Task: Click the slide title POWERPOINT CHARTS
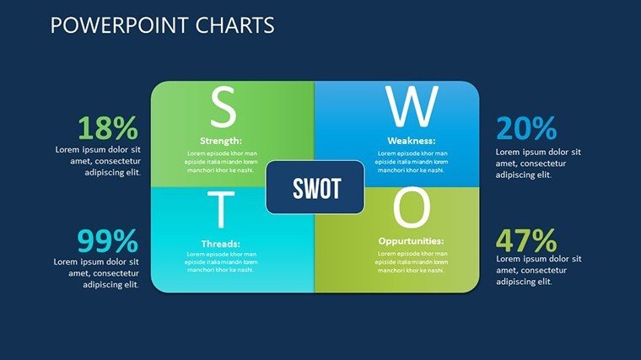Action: pos(162,25)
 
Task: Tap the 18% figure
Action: pos(108,128)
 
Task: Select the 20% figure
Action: pos(526,128)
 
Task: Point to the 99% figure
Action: pos(108,241)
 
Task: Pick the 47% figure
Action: pos(526,240)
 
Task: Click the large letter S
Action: pos(224,107)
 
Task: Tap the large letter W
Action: pos(412,107)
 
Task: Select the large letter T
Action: pos(221,209)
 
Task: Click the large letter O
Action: pos(412,208)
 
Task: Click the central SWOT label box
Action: pos(315,187)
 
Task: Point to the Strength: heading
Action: pos(221,141)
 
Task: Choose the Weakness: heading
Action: pos(412,141)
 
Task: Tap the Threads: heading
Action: pos(221,244)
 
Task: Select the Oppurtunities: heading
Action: pos(411,241)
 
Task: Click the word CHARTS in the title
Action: pos(234,25)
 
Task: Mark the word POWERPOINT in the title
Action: pos(120,25)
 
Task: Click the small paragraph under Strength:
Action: pos(221,161)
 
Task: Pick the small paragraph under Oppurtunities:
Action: pos(412,262)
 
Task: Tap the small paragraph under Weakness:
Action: pos(412,161)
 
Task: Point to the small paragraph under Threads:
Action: pos(221,262)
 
